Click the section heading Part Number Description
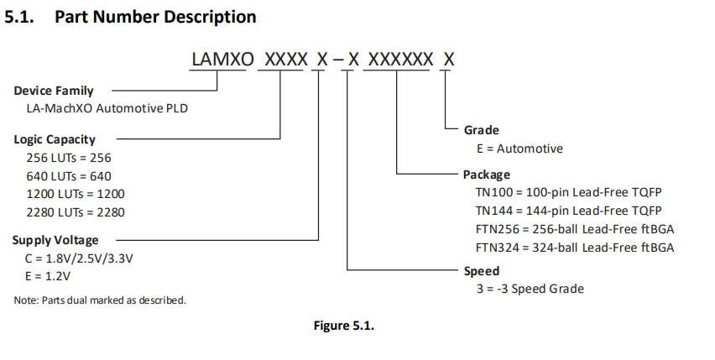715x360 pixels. (x=155, y=17)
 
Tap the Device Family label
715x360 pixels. (x=54, y=91)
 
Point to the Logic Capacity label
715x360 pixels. (x=55, y=139)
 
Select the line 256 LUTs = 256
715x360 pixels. (x=69, y=157)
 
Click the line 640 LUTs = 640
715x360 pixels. (x=69, y=175)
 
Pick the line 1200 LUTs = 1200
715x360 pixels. (x=76, y=194)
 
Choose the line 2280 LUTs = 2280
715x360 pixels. (x=76, y=212)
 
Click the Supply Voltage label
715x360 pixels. (x=55, y=240)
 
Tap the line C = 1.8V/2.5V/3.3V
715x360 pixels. (x=80, y=258)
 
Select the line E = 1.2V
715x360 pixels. (x=49, y=276)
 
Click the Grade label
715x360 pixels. (x=482, y=130)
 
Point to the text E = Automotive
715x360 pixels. (x=519, y=149)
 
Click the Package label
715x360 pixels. (x=487, y=175)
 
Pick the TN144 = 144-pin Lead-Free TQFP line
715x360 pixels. (x=568, y=210)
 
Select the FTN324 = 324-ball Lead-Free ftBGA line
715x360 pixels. (x=575, y=247)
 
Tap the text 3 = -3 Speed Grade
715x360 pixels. (x=529, y=289)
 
